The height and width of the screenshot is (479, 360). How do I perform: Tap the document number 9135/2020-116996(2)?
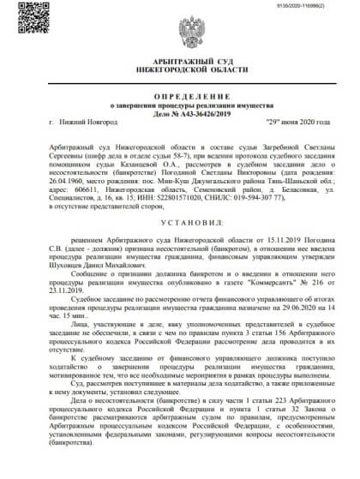pos(321,6)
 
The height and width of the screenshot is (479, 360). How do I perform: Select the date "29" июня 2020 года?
pos(299,123)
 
